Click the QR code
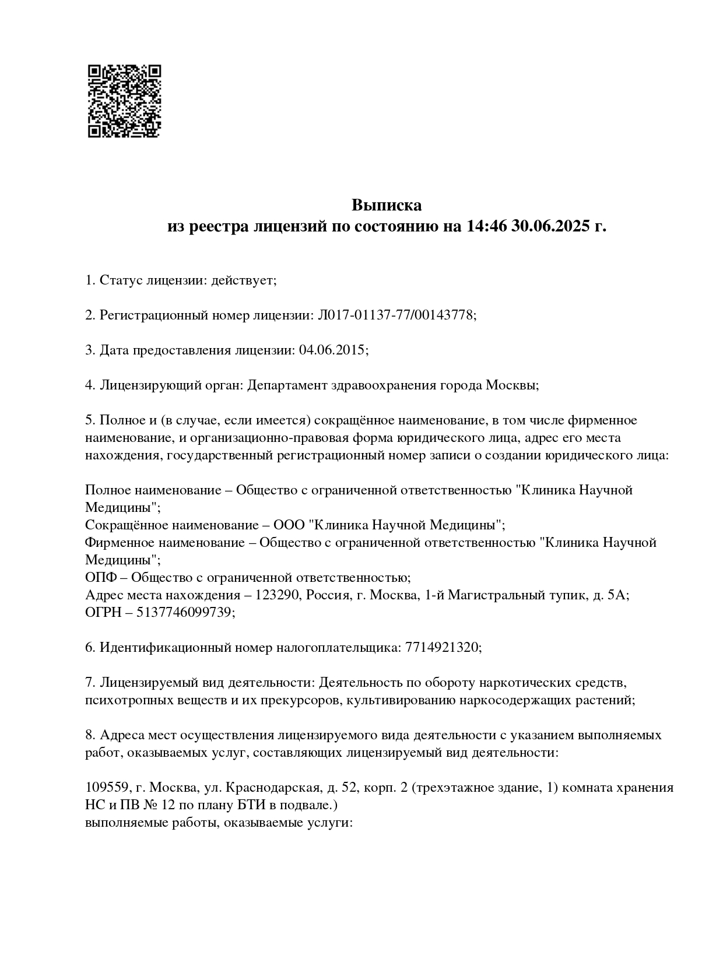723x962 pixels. pos(124,101)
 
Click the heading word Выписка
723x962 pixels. pos(387,205)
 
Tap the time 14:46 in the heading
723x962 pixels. pos(486,226)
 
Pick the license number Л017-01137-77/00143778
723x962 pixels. pos(396,315)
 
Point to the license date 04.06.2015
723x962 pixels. pos(332,350)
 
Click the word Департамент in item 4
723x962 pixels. pos(285,385)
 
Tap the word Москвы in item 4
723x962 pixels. pos(511,385)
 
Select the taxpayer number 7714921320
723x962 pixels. pos(441,648)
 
